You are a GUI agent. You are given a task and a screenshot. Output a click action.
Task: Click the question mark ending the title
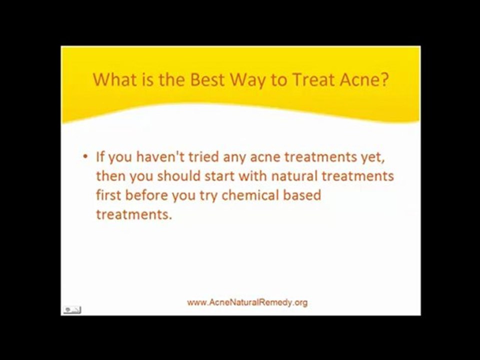(x=383, y=79)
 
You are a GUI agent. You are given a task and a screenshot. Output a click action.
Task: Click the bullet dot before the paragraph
(x=85, y=156)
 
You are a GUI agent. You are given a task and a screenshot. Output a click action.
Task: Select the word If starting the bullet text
(x=100, y=156)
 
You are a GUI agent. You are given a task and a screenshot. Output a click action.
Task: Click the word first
(x=108, y=195)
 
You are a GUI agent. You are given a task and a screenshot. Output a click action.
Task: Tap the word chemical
(x=250, y=195)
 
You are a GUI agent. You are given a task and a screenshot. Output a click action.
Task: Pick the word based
(x=302, y=195)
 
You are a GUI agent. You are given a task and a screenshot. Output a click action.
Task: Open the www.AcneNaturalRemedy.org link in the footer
(x=247, y=302)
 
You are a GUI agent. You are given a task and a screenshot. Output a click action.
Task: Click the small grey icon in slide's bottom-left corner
(x=72, y=310)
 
